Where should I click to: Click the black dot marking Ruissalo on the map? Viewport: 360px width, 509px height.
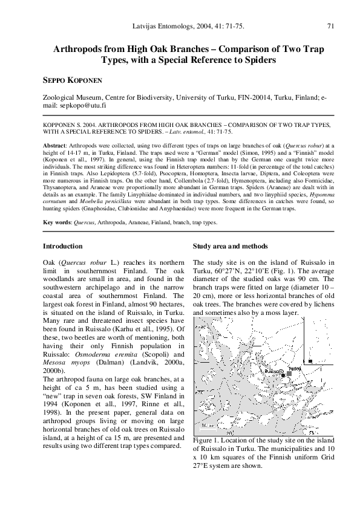[283, 376]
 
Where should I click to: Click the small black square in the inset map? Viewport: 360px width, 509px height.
[310, 361]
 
